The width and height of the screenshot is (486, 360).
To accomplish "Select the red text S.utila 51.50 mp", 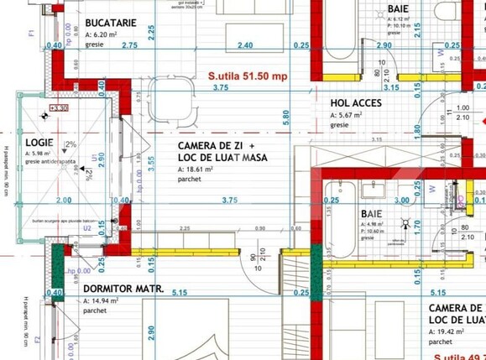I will coord(248,75).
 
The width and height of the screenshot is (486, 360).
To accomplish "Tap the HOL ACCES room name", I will coord(356,104).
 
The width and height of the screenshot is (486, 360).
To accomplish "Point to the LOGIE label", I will coord(39,143).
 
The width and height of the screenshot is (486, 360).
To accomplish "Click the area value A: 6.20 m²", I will coord(102,35).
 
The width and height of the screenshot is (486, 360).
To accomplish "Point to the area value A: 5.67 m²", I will coord(346,115).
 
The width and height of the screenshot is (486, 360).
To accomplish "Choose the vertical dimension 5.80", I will coord(286,117).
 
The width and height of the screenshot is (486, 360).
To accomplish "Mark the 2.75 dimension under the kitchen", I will coord(128,45).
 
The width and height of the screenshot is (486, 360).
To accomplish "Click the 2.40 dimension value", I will coord(245,45).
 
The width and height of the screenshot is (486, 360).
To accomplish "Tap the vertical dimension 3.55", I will coord(151,164).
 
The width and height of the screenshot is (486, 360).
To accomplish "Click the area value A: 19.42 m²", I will coord(448,331).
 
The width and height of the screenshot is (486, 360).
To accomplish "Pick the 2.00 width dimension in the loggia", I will coord(63,201).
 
